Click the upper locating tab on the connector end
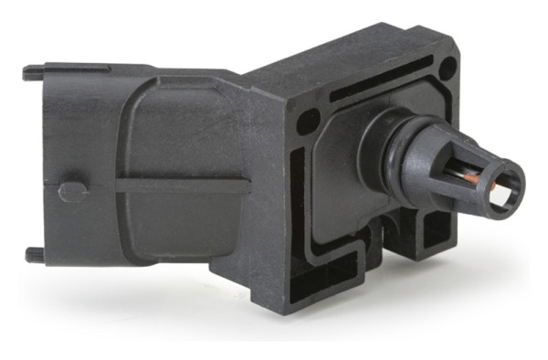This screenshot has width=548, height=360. pyautogui.click(x=32, y=69)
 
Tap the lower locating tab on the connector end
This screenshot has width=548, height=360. pyautogui.click(x=32, y=252)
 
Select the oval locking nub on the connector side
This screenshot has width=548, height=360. pyautogui.click(x=72, y=191)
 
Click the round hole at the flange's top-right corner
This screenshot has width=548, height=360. pyautogui.click(x=447, y=67)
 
